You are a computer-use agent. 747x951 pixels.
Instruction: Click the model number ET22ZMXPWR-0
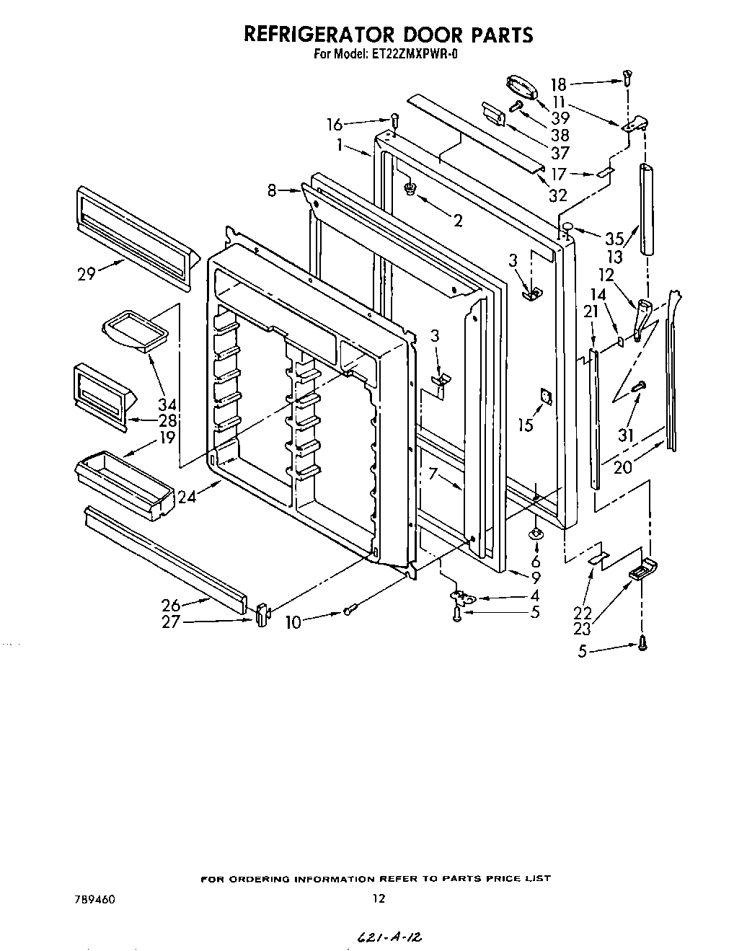404,53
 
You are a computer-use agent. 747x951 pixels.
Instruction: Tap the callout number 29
86,274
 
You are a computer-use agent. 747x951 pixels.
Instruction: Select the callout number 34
167,404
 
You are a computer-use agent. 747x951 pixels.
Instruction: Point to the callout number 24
187,496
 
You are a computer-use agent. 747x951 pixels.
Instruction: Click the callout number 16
334,125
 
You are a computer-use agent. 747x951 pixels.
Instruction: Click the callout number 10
293,622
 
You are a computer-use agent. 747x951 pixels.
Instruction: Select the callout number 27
170,622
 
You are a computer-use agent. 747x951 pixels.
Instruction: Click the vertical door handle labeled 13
645,209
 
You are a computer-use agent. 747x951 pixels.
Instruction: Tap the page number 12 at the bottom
379,899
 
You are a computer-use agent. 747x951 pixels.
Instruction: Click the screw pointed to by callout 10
349,611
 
